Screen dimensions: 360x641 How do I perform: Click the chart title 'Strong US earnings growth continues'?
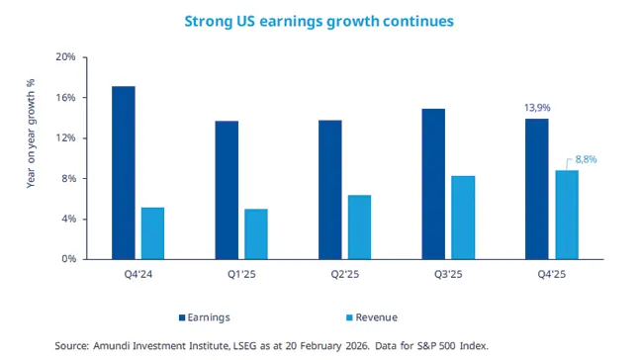point(320,20)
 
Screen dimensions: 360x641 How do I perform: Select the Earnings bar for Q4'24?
point(124,173)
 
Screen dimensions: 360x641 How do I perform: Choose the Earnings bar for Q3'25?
point(433,184)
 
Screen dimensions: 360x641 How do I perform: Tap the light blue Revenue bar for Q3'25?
point(463,218)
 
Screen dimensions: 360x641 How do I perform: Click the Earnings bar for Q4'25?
point(536,189)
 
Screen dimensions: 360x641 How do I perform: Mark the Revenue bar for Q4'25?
point(566,215)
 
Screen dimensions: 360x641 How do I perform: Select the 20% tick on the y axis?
point(65,57)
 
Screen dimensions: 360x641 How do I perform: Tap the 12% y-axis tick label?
point(65,138)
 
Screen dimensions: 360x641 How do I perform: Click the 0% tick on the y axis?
point(68,259)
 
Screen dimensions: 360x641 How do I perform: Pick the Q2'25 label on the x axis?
point(344,275)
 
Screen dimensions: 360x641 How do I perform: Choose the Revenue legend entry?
point(372,317)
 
